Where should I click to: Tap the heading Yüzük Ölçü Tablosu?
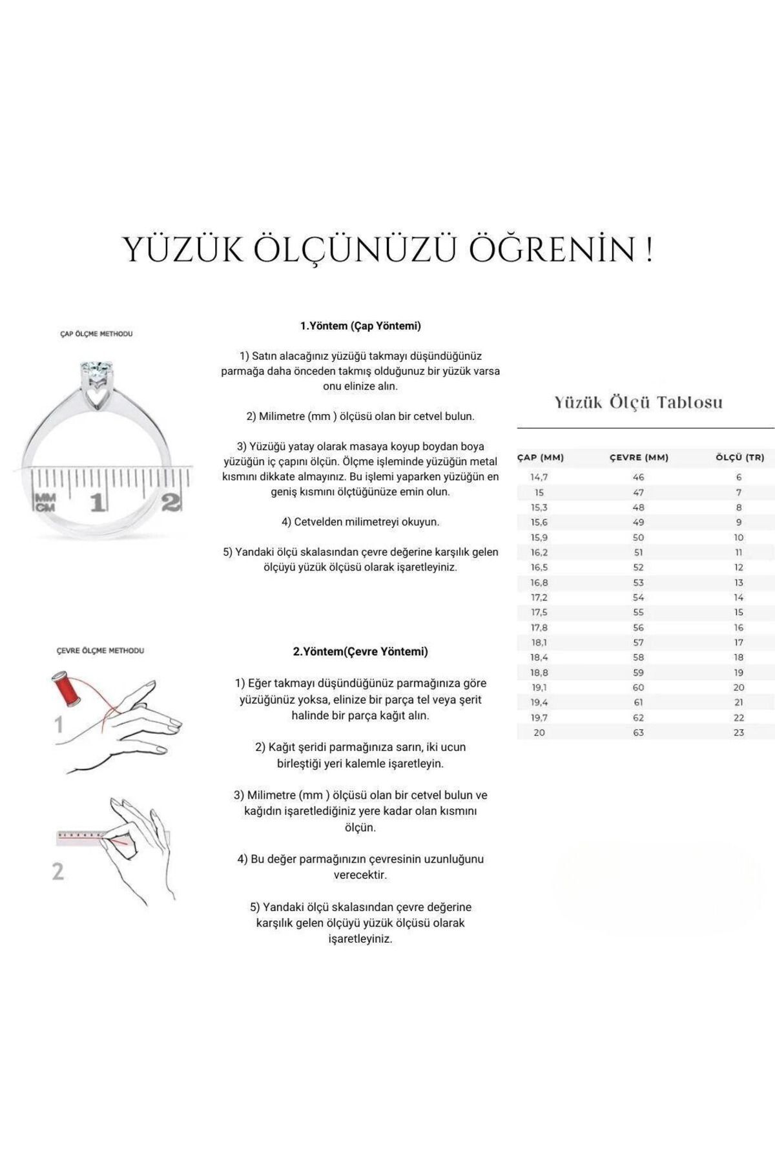(x=638, y=402)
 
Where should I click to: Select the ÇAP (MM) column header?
(x=541, y=457)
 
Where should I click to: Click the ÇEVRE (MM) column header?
(x=639, y=457)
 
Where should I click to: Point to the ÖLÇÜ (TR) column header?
(x=739, y=457)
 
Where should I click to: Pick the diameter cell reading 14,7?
(x=539, y=477)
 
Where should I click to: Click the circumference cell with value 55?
(x=639, y=612)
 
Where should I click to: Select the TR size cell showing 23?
(x=739, y=732)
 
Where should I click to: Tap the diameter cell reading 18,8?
(x=539, y=672)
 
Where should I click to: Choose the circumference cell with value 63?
(x=639, y=732)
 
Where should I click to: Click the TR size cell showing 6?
(x=739, y=477)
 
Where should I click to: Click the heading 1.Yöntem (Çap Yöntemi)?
(x=360, y=326)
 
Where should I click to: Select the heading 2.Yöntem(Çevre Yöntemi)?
(x=360, y=651)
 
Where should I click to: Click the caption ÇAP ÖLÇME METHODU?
(x=96, y=334)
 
